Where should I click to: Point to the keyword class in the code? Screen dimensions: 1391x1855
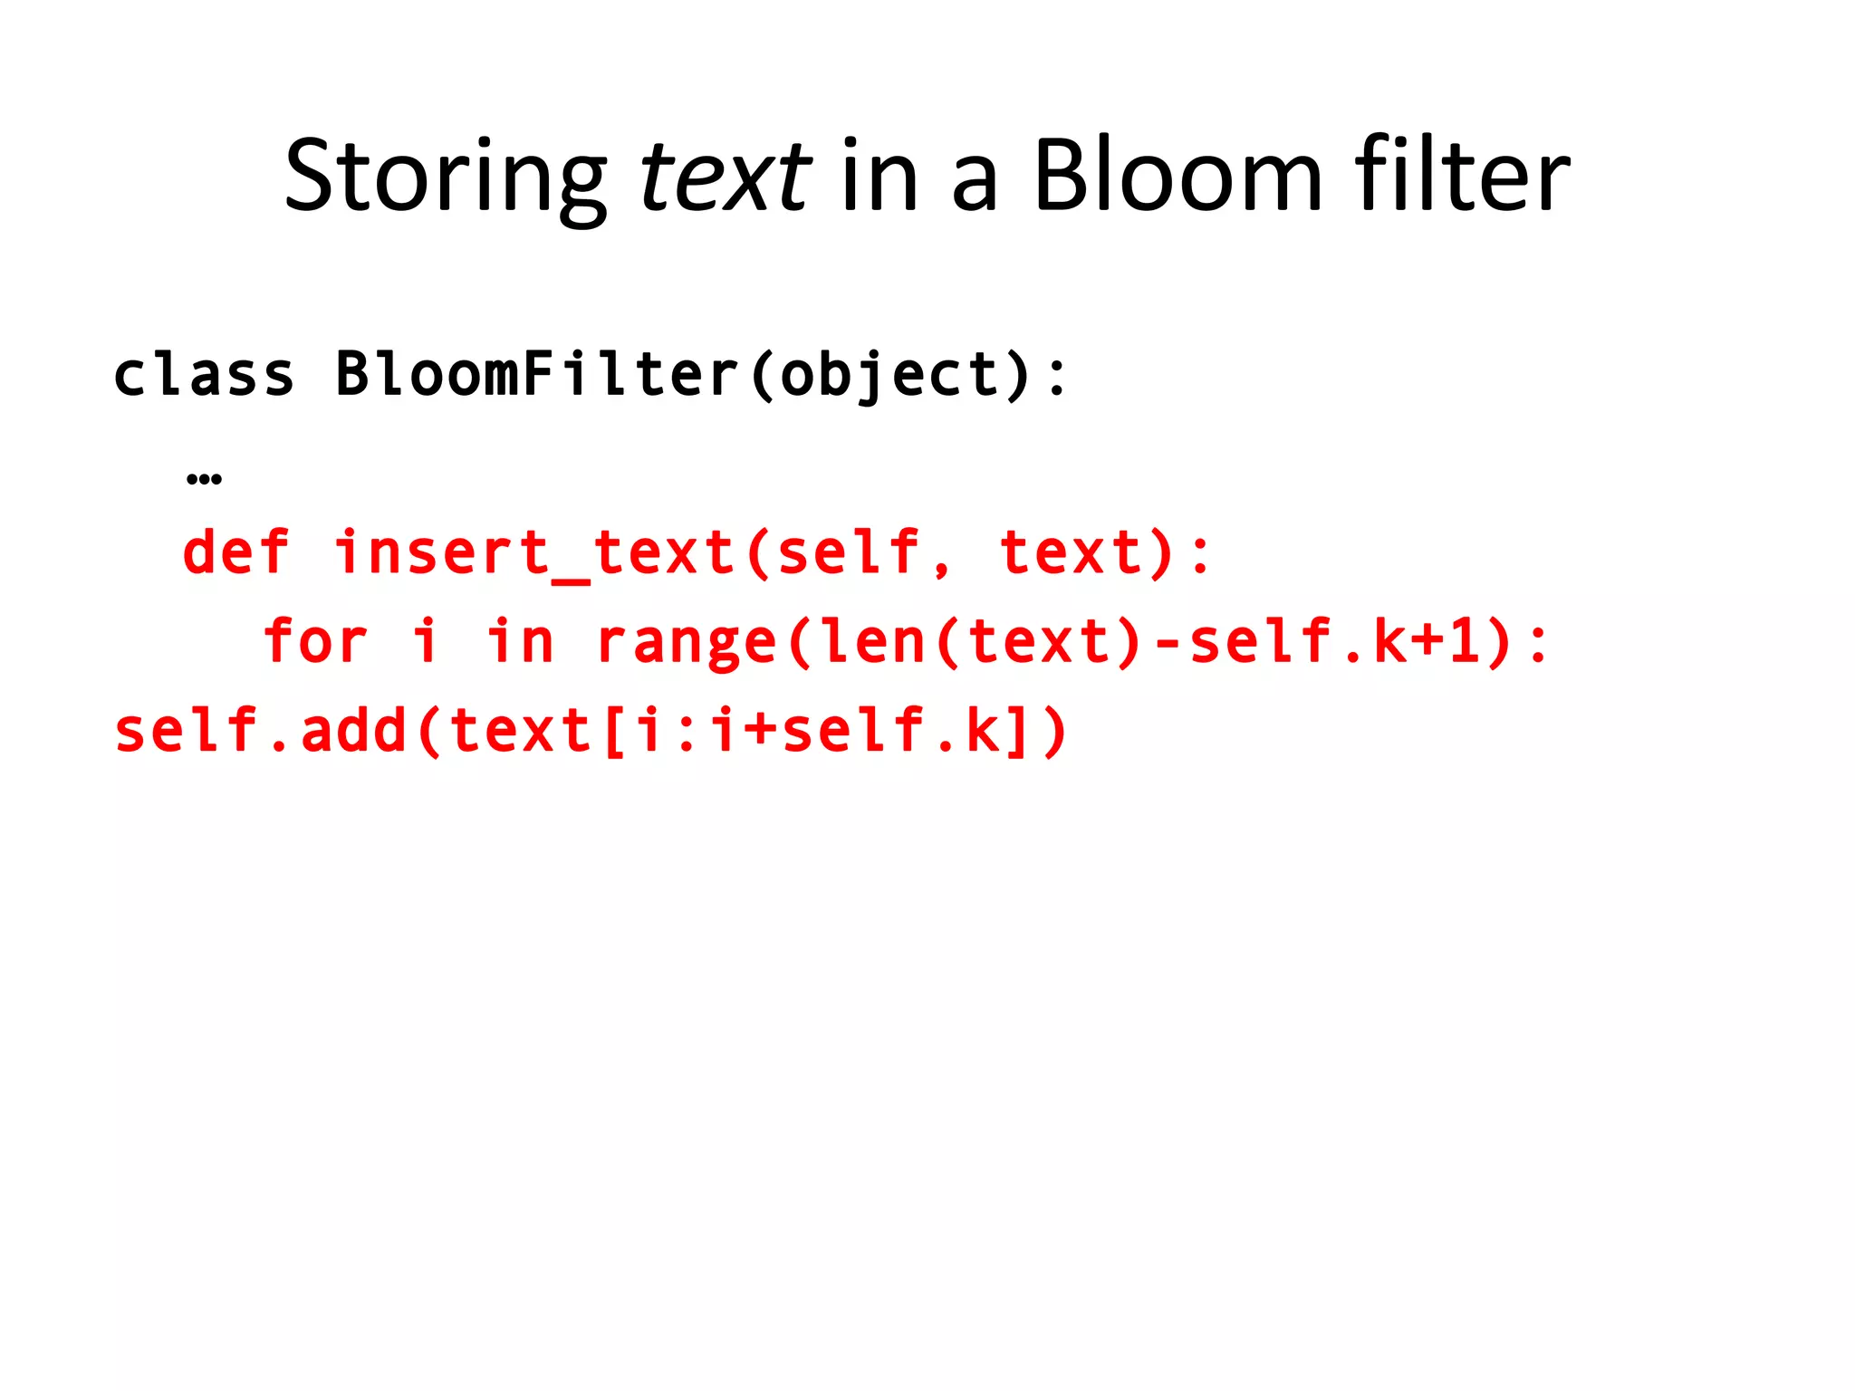point(204,374)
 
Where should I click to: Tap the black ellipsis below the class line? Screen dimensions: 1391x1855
point(204,478)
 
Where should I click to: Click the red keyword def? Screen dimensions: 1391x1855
point(235,552)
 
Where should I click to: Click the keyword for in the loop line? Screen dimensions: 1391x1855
point(315,641)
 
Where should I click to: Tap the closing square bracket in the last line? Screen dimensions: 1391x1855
point(1015,732)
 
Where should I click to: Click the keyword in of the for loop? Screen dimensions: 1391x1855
point(519,641)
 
